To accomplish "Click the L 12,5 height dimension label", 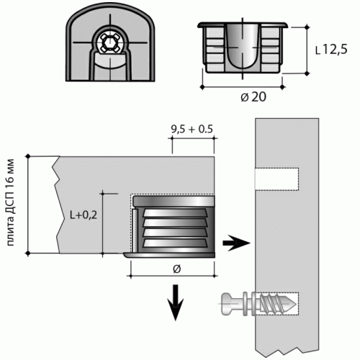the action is click(331, 50).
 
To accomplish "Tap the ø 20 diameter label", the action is click(253, 97).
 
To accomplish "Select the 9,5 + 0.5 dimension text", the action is click(192, 129).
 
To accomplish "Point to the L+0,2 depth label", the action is click(84, 215).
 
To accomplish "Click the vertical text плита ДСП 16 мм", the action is click(11, 202).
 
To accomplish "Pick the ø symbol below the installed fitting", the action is click(176, 269).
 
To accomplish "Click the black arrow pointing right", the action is click(236, 243).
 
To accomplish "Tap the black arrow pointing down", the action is click(176, 302).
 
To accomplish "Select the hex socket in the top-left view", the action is click(107, 43).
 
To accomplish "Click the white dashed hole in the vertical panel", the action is click(276, 179).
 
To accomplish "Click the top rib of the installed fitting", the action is click(175, 213).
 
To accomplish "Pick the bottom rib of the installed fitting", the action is click(175, 243).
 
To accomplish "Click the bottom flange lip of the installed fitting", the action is click(169, 255).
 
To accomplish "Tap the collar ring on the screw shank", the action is click(245, 304).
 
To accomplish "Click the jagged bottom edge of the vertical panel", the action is click(287, 352).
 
